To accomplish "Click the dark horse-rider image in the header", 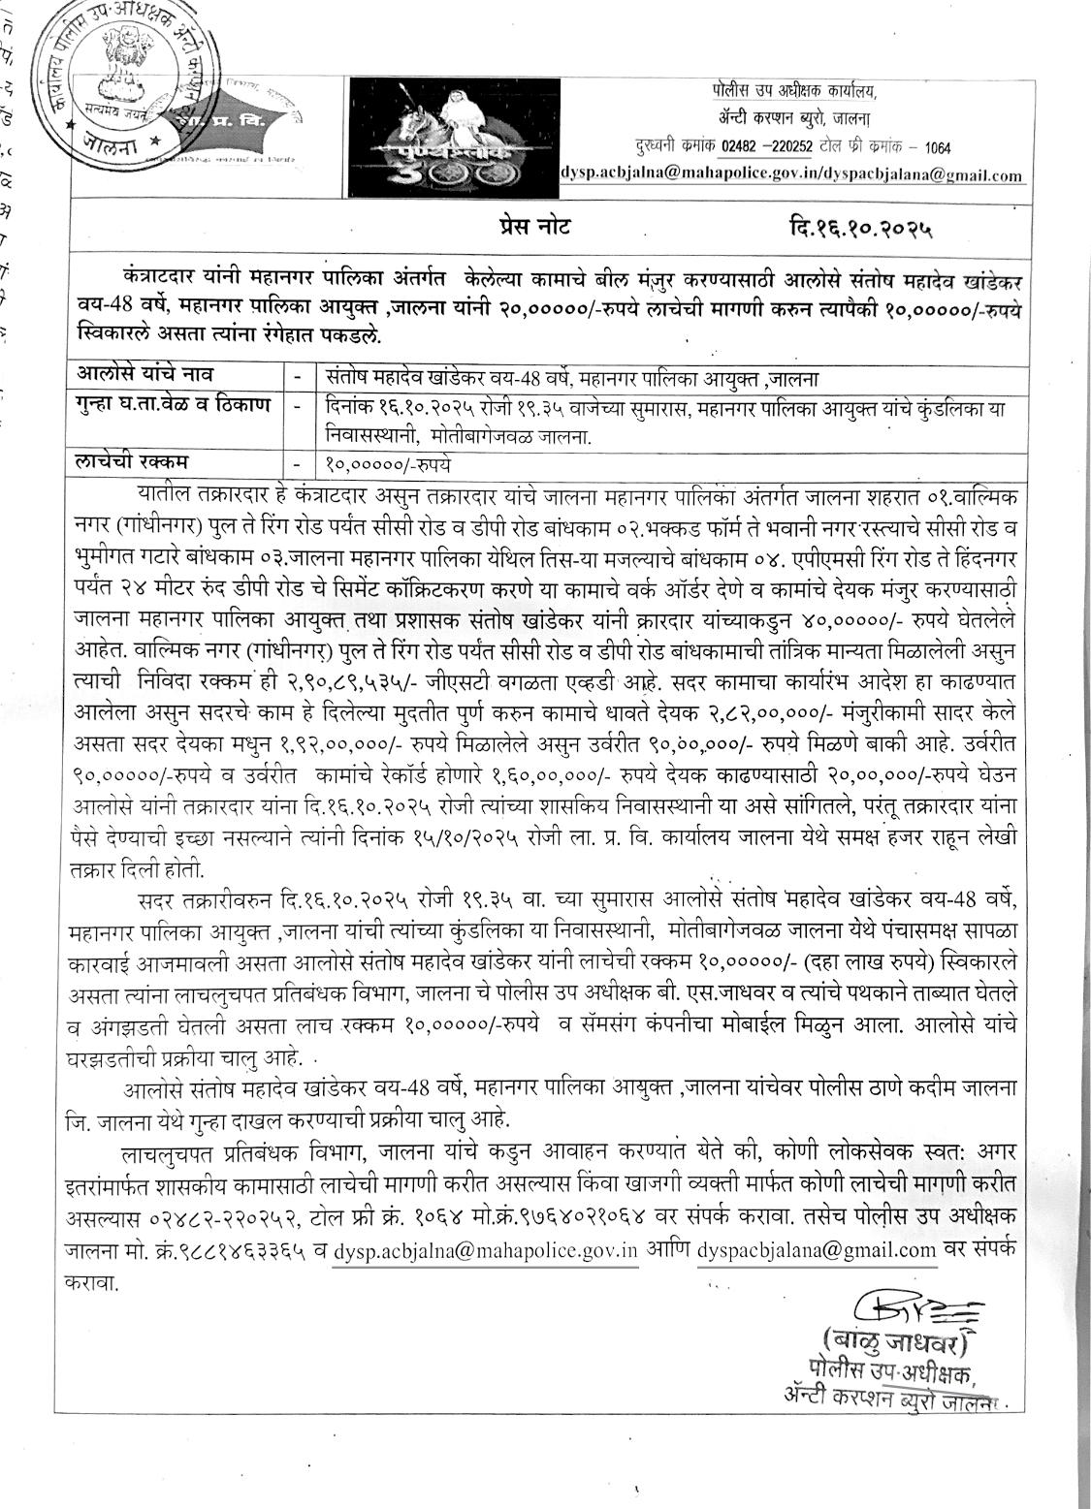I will click(x=451, y=129).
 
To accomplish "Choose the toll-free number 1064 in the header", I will click(x=938, y=148).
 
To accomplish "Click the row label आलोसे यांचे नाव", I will click(x=149, y=373).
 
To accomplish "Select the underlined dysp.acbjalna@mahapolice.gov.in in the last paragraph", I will click(x=485, y=1249).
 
